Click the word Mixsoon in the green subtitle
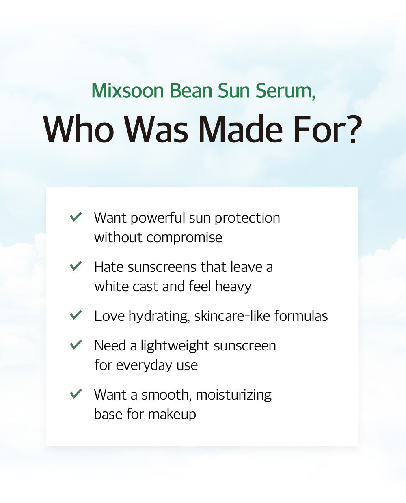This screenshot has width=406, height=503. [128, 91]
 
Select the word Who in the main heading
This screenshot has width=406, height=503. [79, 130]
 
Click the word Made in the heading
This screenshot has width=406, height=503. [240, 130]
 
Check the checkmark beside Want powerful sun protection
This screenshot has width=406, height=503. [76, 217]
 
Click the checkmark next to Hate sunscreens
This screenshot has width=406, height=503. [76, 266]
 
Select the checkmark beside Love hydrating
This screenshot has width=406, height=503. [76, 315]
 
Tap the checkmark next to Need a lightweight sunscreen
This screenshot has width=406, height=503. [76, 345]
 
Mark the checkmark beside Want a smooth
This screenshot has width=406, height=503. [76, 393]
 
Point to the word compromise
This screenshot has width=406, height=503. [184, 238]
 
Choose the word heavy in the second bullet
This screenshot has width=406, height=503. [233, 286]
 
